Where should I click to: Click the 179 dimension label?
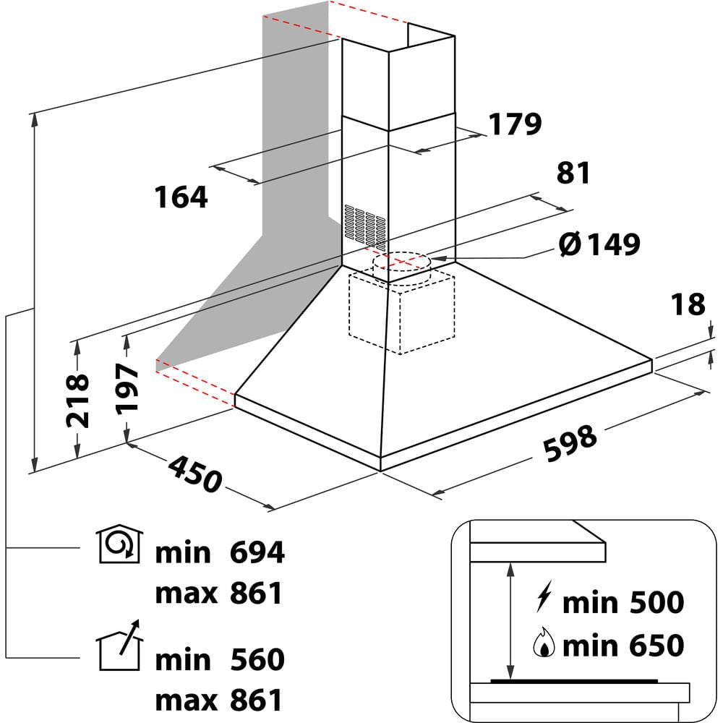(515, 124)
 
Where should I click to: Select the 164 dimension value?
(181, 197)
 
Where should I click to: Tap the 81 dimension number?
(573, 173)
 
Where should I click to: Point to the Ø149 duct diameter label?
(599, 244)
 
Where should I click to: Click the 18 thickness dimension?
(688, 304)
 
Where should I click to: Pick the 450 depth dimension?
(194, 474)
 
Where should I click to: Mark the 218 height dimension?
(77, 401)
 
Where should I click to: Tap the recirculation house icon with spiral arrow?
(119, 544)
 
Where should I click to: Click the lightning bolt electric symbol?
(544, 596)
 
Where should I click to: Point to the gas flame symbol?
(544, 642)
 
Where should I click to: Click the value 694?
(257, 552)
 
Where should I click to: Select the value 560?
(257, 659)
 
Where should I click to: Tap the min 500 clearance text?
(623, 602)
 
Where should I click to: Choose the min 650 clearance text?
(623, 645)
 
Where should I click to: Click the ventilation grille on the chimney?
(364, 228)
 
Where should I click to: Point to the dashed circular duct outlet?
(401, 267)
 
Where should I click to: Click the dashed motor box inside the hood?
(401, 314)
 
